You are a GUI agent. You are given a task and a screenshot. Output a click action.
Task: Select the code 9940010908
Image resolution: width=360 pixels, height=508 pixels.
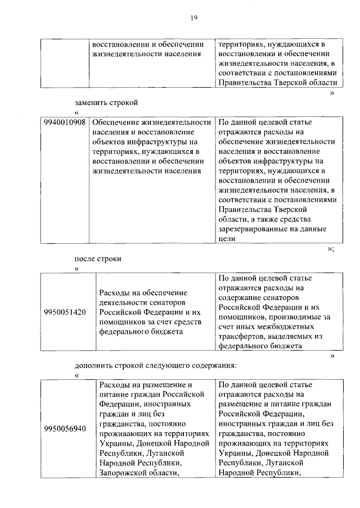[65, 123]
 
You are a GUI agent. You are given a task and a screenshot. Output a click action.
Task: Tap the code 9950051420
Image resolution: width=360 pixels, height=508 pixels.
[65, 312]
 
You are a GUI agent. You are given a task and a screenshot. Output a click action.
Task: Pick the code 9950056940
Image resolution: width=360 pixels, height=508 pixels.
[65, 429]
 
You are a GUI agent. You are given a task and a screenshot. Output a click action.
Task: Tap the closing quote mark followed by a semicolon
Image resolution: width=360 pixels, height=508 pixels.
[331, 248]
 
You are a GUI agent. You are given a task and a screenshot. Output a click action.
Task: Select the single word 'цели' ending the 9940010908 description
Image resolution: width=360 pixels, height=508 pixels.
[226, 239]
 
